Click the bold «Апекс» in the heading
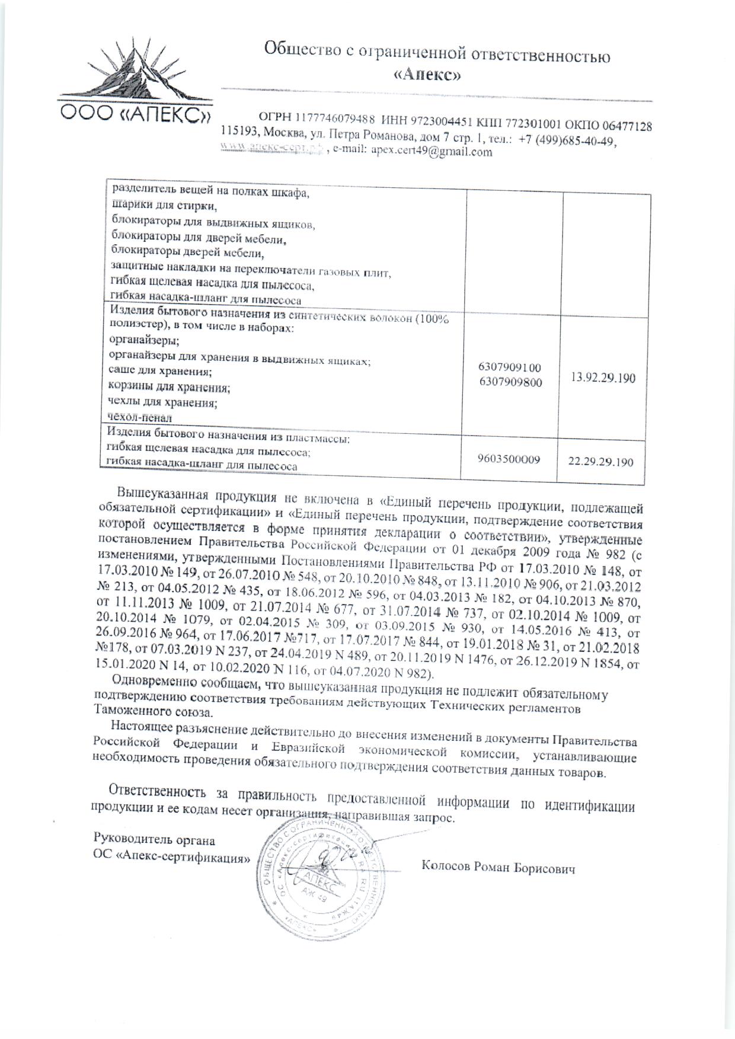pyautogui.click(x=427, y=75)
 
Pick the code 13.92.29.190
pyautogui.click(x=603, y=378)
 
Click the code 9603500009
pyautogui.click(x=509, y=459)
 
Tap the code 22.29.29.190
pyautogui.click(x=600, y=462)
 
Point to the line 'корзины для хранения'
pyautogui.click(x=170, y=388)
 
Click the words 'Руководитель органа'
pyautogui.click(x=154, y=840)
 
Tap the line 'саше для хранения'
pyautogui.click(x=160, y=372)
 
